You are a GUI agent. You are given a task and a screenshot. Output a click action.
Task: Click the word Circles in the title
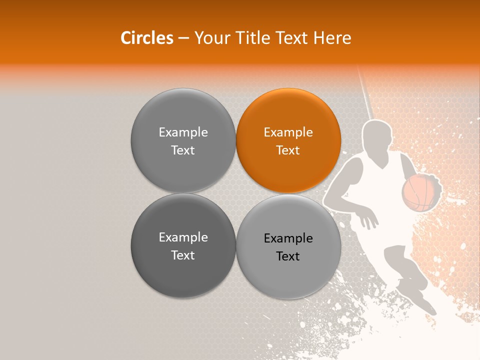(x=147, y=38)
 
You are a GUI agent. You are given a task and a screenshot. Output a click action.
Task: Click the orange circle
(x=288, y=140)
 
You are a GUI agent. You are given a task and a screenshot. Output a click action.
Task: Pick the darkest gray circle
(x=183, y=245)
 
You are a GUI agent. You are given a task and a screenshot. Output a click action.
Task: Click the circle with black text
(x=288, y=246)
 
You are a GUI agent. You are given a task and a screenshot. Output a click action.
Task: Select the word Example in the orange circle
(x=288, y=132)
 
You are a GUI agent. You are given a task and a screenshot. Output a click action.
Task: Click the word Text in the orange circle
(x=288, y=150)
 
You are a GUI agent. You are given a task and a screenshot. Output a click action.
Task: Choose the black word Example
(x=288, y=238)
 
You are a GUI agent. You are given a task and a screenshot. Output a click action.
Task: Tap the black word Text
(x=288, y=256)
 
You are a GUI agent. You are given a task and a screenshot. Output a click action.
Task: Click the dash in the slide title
(x=183, y=38)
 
